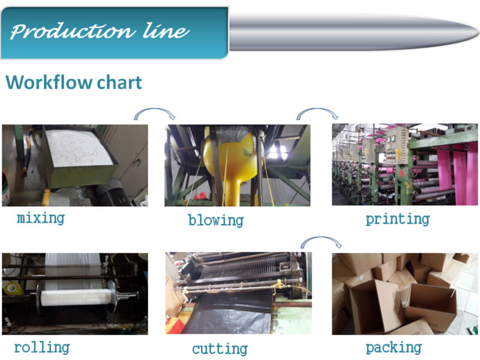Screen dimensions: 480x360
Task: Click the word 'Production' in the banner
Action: click(x=72, y=31)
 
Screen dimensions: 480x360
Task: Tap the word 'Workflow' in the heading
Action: click(x=49, y=82)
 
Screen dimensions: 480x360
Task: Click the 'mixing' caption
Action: click(x=41, y=218)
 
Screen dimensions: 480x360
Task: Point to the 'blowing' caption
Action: click(x=216, y=220)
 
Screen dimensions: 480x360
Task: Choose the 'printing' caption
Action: click(x=398, y=220)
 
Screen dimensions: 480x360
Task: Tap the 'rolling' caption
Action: click(x=42, y=348)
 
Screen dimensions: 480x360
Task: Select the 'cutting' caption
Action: click(x=220, y=349)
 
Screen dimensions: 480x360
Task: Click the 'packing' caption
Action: click(x=394, y=348)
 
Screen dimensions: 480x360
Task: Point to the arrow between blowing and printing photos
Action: click(x=317, y=109)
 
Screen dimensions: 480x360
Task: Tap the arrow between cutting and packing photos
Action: click(x=321, y=238)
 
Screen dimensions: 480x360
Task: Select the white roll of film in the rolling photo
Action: click(x=76, y=298)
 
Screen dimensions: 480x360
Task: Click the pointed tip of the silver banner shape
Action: click(x=478, y=32)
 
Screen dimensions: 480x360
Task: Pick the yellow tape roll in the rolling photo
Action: click(x=12, y=288)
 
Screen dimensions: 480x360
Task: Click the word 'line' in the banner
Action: click(x=166, y=31)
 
